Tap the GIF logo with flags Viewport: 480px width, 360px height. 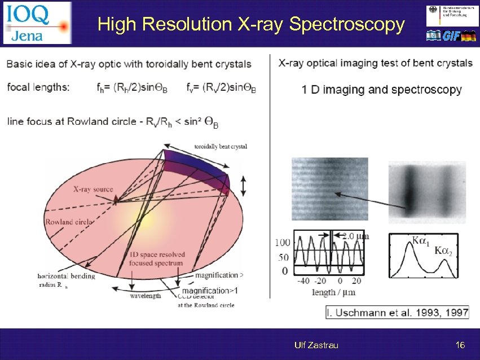coord(451,36)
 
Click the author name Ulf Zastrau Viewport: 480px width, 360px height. coord(316,345)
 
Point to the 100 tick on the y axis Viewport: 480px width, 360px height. coord(282,243)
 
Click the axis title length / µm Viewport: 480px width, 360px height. coord(333,292)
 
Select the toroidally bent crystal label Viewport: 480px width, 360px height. coord(221,147)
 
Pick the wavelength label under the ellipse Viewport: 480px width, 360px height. coord(145,295)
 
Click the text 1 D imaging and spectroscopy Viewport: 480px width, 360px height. coord(381,90)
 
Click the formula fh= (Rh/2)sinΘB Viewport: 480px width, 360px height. coord(137,88)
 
